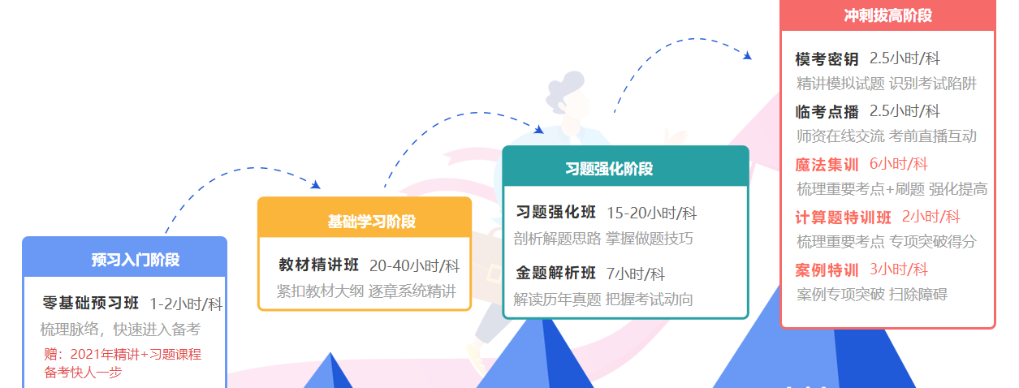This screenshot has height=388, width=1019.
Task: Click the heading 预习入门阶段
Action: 136,260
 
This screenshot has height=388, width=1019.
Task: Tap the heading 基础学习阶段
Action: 372,222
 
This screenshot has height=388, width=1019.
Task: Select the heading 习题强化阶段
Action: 609,169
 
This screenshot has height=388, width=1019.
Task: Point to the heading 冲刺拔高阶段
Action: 888,15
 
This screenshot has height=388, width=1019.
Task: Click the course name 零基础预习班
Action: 90,303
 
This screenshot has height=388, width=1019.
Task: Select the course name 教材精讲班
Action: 318,265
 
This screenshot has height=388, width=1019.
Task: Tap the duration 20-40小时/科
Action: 414,265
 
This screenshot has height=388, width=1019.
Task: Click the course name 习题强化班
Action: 556,212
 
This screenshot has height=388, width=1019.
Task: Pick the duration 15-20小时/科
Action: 651,213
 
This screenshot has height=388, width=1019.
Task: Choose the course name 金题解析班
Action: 556,273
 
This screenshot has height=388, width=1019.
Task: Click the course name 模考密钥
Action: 827,59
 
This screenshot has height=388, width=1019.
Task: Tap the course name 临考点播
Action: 827,111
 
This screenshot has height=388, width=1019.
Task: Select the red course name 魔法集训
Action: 827,164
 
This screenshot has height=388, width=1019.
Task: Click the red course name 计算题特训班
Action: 843,218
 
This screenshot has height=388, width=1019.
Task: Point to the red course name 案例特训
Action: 827,270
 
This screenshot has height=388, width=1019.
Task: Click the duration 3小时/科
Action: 899,269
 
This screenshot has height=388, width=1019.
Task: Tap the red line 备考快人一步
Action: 83,372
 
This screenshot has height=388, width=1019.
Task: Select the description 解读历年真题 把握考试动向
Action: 603,300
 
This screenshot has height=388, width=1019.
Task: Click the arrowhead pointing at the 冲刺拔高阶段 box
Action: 748,55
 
